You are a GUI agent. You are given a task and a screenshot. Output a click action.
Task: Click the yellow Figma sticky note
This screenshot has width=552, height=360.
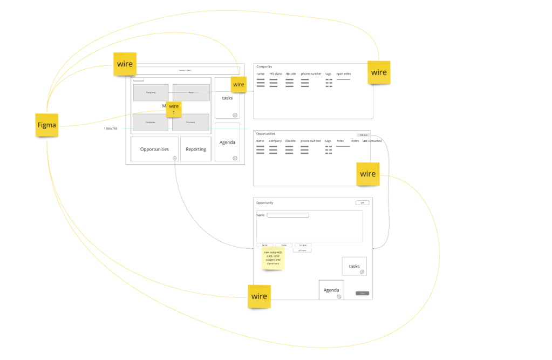tap(46, 125)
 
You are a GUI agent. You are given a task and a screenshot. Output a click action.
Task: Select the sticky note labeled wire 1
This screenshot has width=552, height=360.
tap(174, 110)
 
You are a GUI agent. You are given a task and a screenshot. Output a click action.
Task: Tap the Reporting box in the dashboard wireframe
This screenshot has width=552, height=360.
tap(195, 149)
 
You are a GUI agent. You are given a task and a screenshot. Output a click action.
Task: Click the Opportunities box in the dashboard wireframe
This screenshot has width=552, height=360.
tap(154, 149)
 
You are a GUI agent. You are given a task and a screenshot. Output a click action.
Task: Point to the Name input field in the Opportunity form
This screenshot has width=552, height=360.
tap(288, 215)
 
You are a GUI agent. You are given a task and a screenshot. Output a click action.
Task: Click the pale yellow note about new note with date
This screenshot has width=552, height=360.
tap(272, 258)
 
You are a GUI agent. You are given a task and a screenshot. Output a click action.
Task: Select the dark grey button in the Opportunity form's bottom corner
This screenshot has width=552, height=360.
tap(362, 293)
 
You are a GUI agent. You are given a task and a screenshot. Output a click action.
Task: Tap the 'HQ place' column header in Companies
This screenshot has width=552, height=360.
tap(275, 73)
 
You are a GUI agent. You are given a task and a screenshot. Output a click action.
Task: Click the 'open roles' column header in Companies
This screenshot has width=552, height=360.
tap(344, 73)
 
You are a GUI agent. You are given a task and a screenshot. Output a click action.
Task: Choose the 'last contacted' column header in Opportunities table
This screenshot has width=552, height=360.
tap(372, 141)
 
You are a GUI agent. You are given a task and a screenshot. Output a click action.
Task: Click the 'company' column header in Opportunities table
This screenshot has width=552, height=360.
tap(275, 141)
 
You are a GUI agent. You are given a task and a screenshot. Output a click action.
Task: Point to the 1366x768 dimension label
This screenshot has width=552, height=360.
tap(111, 128)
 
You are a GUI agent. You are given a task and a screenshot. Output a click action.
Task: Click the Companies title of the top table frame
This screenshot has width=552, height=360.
tap(264, 66)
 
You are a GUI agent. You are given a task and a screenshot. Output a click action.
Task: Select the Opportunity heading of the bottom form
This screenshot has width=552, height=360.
tap(265, 203)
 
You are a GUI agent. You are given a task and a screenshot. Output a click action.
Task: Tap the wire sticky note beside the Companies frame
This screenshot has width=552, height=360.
tap(379, 72)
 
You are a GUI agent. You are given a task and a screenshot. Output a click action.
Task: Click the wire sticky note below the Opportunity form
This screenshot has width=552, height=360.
tap(259, 296)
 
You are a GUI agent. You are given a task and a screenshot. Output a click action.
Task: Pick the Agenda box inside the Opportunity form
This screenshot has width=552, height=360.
tap(331, 290)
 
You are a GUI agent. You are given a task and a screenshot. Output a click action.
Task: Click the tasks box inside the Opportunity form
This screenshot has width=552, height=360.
tap(355, 266)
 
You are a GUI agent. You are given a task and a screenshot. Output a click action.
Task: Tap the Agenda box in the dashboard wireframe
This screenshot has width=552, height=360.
tap(227, 142)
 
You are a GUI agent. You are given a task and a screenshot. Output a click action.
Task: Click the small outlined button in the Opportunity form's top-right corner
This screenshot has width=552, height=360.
tap(362, 202)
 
